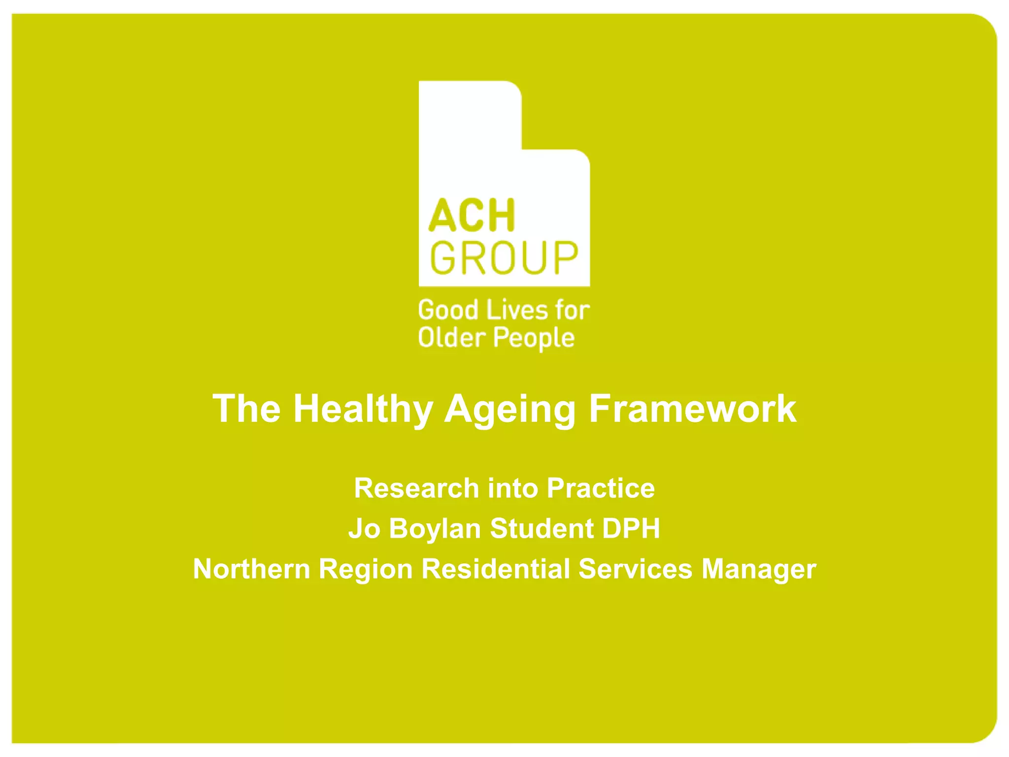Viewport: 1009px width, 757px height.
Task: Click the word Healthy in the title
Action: (363, 409)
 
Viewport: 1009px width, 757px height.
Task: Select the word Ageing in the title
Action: (510, 409)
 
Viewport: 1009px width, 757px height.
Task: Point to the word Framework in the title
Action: (692, 409)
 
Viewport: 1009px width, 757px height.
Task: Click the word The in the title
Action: (246, 409)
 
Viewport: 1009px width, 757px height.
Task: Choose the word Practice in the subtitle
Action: (601, 488)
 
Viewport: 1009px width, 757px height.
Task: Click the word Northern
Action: (251, 569)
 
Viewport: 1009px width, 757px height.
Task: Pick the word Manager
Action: (759, 569)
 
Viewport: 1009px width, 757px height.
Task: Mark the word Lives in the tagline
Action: (517, 310)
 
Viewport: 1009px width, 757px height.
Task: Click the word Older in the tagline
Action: (452, 338)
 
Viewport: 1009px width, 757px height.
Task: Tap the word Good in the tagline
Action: (448, 310)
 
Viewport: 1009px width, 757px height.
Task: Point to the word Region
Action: (366, 569)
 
